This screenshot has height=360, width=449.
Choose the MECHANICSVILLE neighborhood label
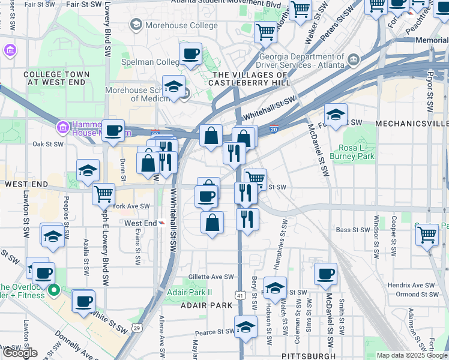(x=412, y=123)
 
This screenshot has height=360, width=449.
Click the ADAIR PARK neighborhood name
(x=206, y=305)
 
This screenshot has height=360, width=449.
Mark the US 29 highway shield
(x=137, y=328)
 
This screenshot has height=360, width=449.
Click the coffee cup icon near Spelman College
(x=190, y=55)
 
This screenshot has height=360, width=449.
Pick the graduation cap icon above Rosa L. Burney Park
(x=336, y=114)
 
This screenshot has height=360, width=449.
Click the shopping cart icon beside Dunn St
(x=104, y=194)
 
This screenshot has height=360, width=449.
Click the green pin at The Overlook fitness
(x=54, y=290)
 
